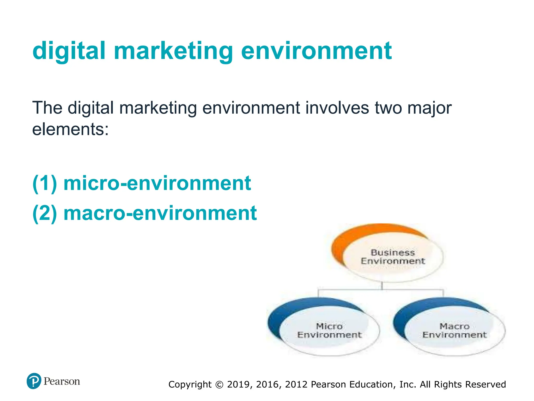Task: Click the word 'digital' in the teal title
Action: pos(69,51)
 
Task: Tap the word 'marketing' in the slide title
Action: pos(173,51)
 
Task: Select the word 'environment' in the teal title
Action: pos(316,51)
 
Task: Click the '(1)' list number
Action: pos(45,183)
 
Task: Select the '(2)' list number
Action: pos(45,213)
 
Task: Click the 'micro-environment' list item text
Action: pos(157,183)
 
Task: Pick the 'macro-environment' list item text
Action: pos(160,213)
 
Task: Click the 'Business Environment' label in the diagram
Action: pos(393,257)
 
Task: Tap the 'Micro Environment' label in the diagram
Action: pos(329,331)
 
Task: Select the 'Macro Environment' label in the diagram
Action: pos(454,331)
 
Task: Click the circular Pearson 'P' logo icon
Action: pos(34,381)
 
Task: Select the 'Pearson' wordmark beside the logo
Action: pos(62,381)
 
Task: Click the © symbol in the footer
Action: pos(220,385)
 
